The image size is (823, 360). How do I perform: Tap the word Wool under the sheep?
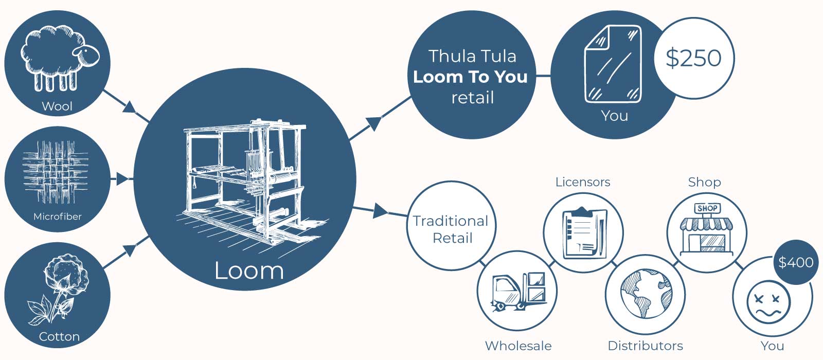pyautogui.click(x=57, y=106)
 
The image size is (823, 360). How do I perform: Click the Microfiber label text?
pyautogui.click(x=58, y=217)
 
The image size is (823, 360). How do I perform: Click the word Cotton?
pyautogui.click(x=59, y=337)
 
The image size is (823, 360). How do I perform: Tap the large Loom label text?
pyautogui.click(x=249, y=271)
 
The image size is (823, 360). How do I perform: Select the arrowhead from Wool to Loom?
pyautogui.click(x=130, y=107)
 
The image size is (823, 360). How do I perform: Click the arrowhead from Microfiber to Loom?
pyautogui.click(x=122, y=179)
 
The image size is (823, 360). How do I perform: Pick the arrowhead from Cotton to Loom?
pyautogui.click(x=130, y=250)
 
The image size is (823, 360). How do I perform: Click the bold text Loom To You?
pyautogui.click(x=470, y=77)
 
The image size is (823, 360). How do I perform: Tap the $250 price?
pyautogui.click(x=693, y=58)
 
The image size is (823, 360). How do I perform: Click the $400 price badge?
pyautogui.click(x=796, y=262)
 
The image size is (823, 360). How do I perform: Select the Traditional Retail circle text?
pyautogui.click(x=451, y=229)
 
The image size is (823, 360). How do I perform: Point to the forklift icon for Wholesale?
pyautogui.click(x=518, y=291)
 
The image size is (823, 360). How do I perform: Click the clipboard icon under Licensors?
pyautogui.click(x=583, y=232)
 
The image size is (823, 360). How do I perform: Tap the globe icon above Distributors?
pyautogui.click(x=646, y=294)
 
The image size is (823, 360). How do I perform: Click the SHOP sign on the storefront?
pyautogui.click(x=707, y=208)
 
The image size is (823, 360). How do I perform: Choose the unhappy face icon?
pyautogui.click(x=768, y=302)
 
